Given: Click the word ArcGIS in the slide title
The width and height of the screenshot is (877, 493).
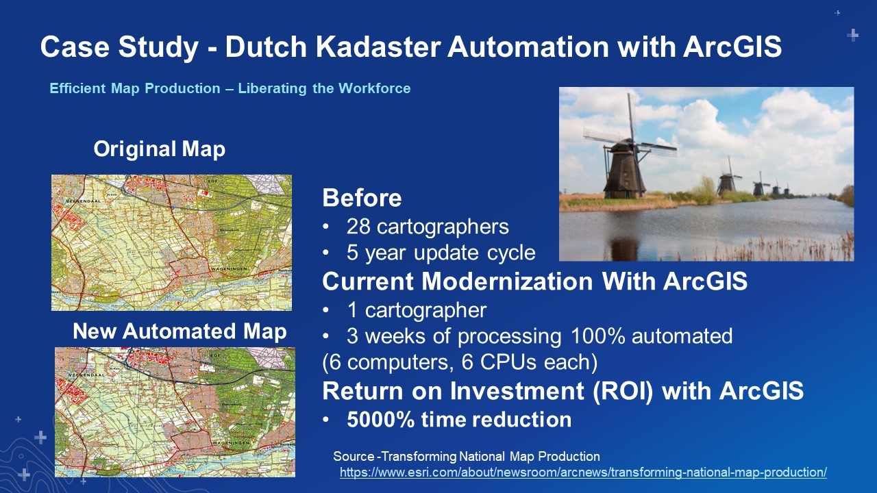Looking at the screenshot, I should [x=732, y=47].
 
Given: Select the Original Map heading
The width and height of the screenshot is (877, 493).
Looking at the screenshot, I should [x=160, y=149].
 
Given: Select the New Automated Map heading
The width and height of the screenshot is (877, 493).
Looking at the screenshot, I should [x=180, y=331].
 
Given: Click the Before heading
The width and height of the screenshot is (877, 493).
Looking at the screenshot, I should [x=362, y=198].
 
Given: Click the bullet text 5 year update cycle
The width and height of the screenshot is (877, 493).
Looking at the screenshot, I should [x=441, y=253].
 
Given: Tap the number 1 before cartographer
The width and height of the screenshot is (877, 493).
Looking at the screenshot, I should [x=352, y=310].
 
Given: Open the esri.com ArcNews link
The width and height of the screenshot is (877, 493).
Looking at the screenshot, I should [x=583, y=472].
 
